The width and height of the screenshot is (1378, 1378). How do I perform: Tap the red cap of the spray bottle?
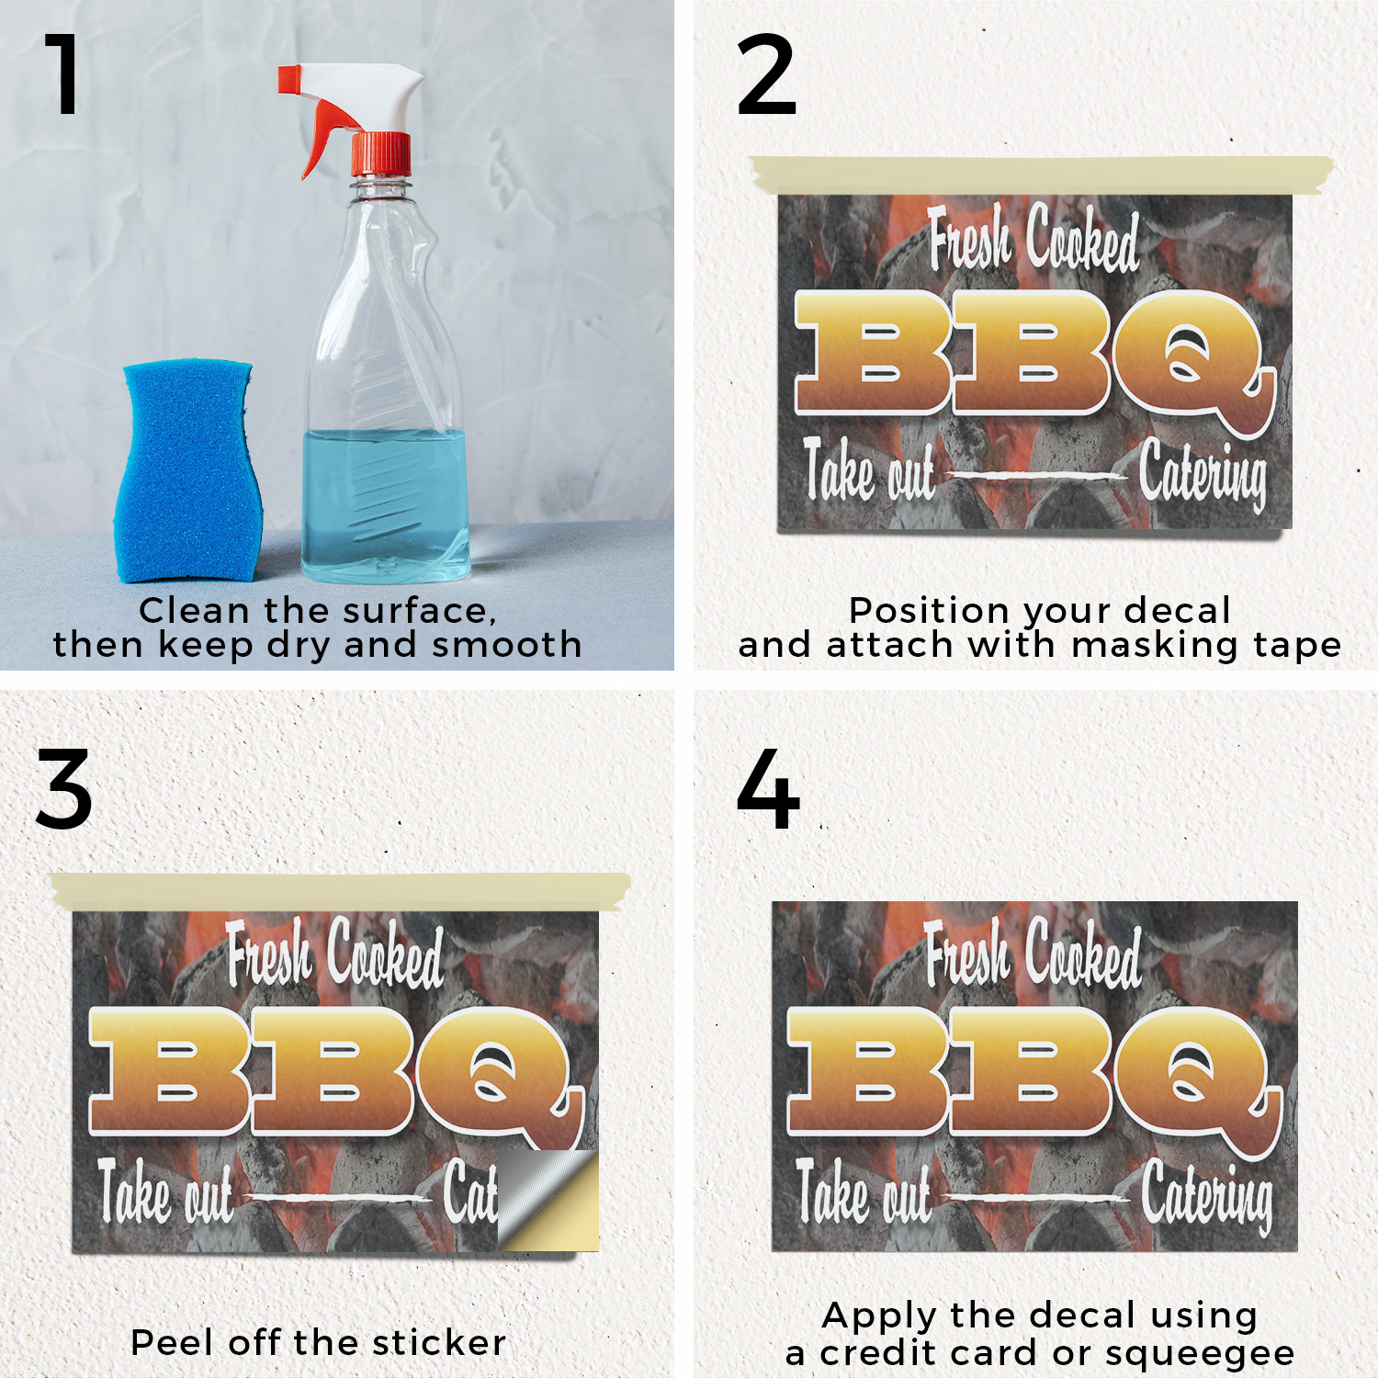(380, 153)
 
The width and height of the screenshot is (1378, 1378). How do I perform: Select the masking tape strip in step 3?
(341, 891)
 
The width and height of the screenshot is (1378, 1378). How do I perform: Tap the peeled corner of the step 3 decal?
(548, 1200)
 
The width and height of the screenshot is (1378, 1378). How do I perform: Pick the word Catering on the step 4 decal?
(1208, 1196)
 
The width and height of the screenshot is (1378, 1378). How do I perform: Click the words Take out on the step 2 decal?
(869, 470)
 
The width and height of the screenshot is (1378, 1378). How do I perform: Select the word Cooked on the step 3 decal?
(385, 955)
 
